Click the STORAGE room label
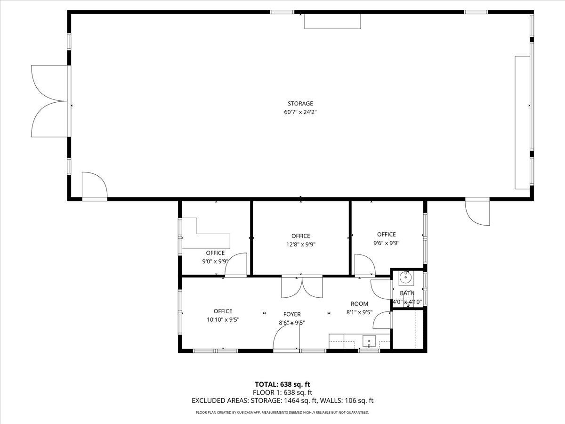pyautogui.click(x=300, y=104)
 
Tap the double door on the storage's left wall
pyautogui.click(x=49, y=101)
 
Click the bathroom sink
pyautogui.click(x=406, y=278)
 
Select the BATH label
pyautogui.click(x=407, y=293)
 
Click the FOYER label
pyautogui.click(x=292, y=314)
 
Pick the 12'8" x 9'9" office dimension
pyautogui.click(x=300, y=245)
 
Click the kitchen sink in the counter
pyautogui.click(x=369, y=340)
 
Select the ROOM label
pyautogui.click(x=359, y=304)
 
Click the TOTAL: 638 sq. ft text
pyautogui.click(x=282, y=384)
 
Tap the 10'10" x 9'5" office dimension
pyautogui.click(x=223, y=319)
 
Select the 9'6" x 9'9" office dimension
pyautogui.click(x=386, y=243)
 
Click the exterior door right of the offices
pyautogui.click(x=477, y=212)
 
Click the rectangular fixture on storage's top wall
pyautogui.click(x=332, y=22)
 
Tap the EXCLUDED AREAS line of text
pyautogui.click(x=282, y=401)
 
